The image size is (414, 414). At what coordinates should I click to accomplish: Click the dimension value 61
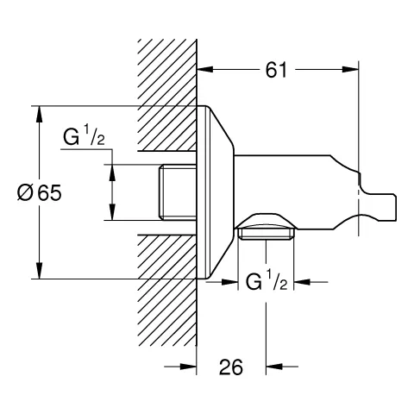coord(276,70)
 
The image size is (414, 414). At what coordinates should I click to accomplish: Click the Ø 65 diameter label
coord(40,192)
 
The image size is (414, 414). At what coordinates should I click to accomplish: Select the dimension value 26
coord(231,367)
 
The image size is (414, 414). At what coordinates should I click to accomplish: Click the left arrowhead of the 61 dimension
coord(205,69)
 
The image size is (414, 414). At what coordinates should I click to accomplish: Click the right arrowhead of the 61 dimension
coord(350,69)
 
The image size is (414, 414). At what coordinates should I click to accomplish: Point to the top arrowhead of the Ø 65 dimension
coord(40,115)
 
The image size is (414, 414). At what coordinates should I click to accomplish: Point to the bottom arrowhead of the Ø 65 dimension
coord(40,270)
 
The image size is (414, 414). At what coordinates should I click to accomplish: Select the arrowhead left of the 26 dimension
coord(188,367)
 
